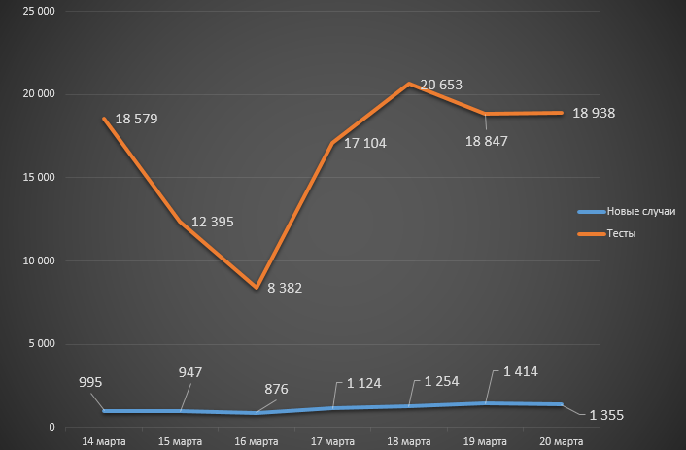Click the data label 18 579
(136, 120)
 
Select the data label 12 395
(212, 222)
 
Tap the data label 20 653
(439, 85)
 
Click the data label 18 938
(594, 113)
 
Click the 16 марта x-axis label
(257, 441)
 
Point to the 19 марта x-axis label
(484, 441)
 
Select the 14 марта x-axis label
(104, 441)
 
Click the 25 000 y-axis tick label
(40, 12)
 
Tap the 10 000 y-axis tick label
(40, 260)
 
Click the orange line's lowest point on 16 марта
(257, 288)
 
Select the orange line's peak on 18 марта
(409, 84)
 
